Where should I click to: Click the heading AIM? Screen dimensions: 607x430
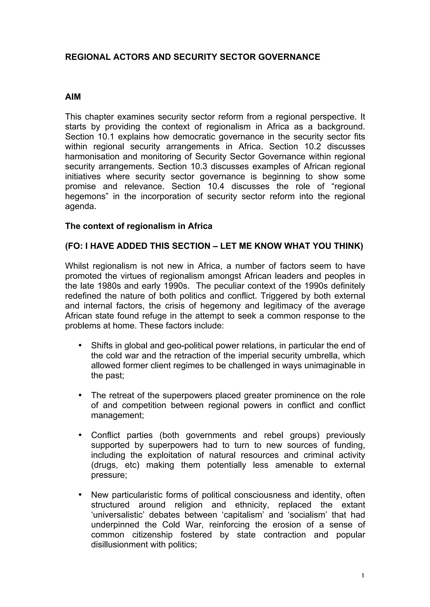[73, 97]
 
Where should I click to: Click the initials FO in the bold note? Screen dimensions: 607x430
[74, 246]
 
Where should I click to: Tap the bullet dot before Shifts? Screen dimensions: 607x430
[80, 345]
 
